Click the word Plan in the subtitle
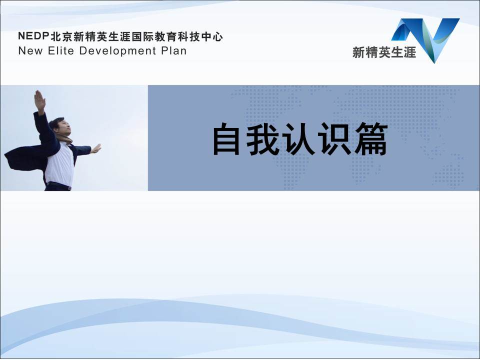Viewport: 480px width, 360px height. (173, 50)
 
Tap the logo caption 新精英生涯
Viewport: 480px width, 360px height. (383, 52)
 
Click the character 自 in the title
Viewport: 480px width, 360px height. (227, 140)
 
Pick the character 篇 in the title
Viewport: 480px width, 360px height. (372, 140)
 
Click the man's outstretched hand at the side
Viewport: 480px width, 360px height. (95, 148)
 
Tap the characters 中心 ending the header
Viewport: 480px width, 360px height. (213, 36)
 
